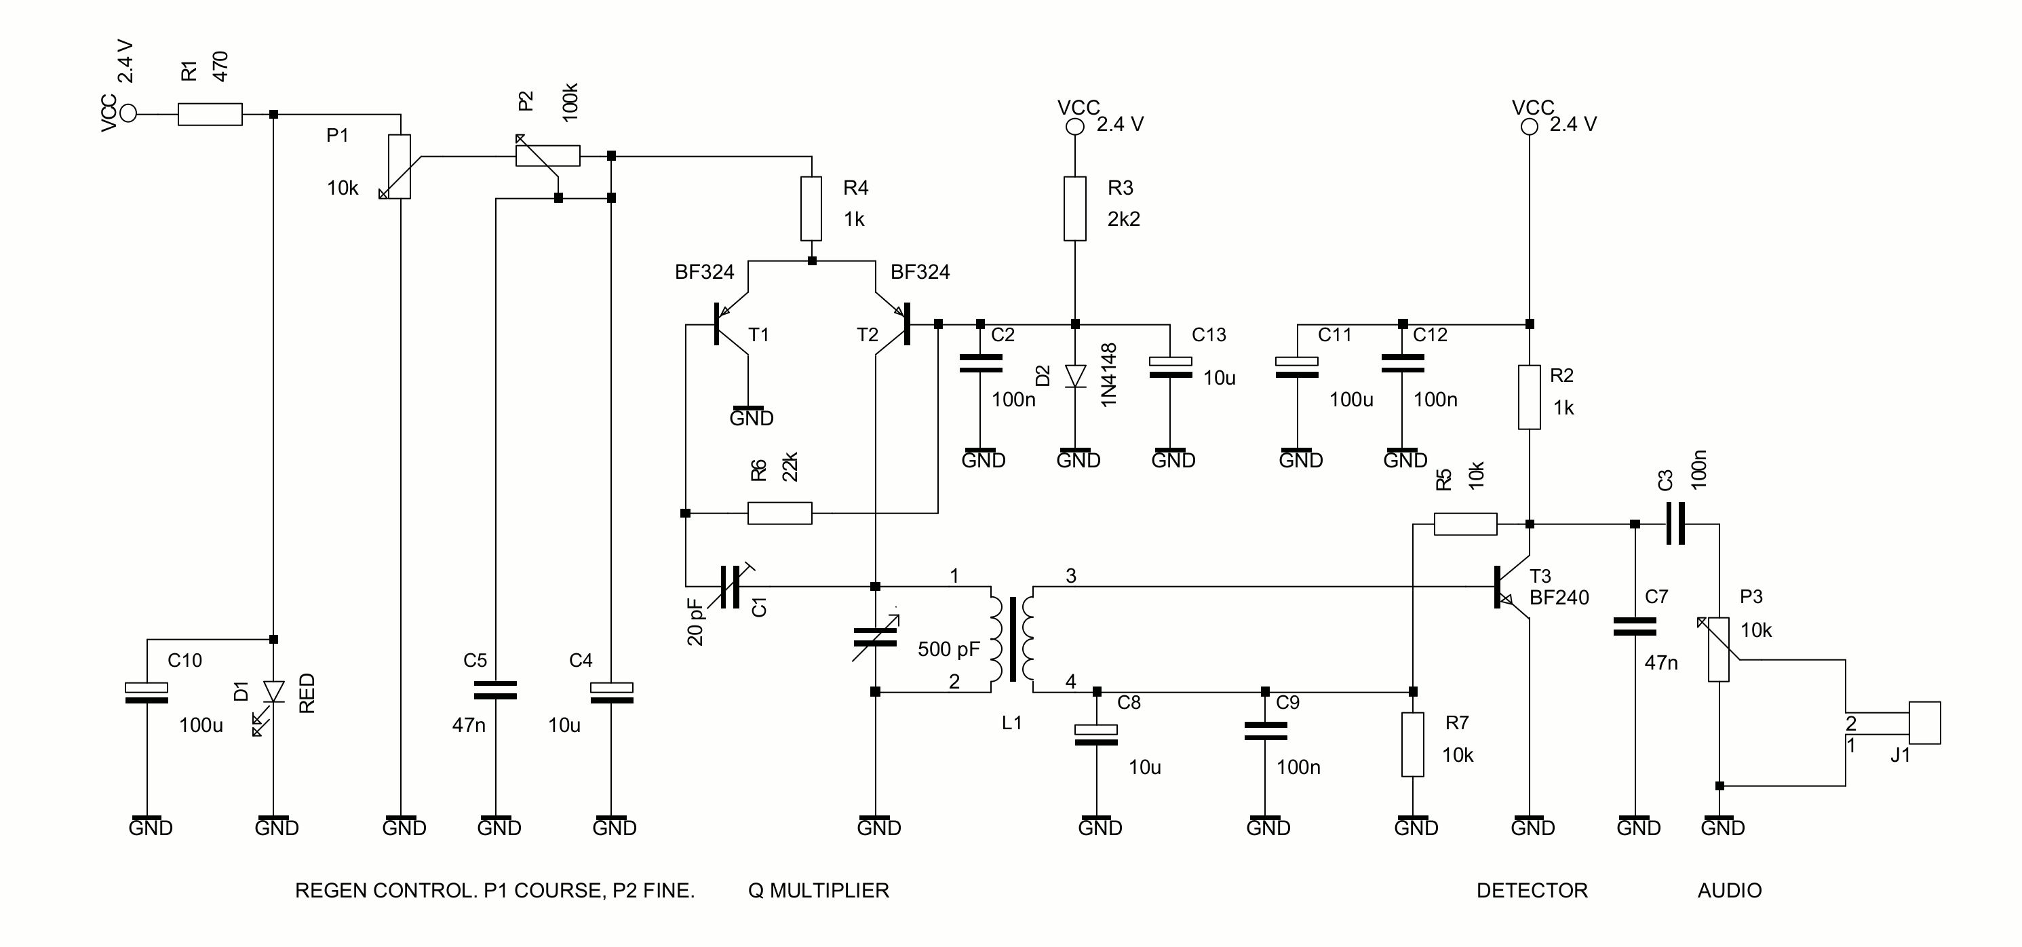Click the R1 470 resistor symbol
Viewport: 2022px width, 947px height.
(210, 115)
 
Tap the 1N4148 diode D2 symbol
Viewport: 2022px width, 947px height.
(1074, 376)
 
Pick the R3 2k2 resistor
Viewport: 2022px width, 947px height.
(1074, 208)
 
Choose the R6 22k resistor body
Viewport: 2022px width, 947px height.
(779, 514)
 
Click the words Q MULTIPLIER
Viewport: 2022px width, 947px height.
(818, 891)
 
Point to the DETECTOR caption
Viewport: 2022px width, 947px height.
(1532, 891)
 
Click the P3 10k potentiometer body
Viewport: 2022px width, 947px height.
(1718, 649)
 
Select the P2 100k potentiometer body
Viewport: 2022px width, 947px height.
(548, 155)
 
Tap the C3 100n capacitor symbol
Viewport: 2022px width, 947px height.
(1675, 524)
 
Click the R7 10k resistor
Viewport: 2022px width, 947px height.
(1413, 744)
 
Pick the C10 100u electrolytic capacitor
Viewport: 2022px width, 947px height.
(147, 693)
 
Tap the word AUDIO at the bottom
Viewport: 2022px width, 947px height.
(1729, 891)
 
